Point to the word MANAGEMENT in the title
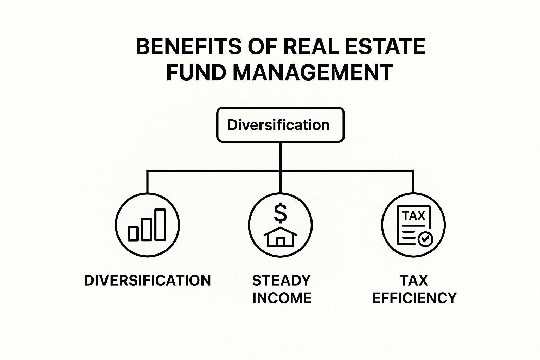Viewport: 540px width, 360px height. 313,73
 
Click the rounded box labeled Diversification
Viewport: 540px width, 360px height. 280,125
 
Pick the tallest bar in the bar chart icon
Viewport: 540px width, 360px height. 160,225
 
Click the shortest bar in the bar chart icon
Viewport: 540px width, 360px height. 133,233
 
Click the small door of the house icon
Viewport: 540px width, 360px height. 280,242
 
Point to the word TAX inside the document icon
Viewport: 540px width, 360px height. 413,216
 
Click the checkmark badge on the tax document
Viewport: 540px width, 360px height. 425,239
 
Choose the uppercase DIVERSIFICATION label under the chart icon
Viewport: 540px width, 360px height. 147,281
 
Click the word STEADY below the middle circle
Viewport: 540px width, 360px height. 281,281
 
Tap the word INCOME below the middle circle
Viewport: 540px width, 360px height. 282,298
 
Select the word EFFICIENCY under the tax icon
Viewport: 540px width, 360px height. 414,298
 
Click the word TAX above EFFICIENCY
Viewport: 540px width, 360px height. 414,281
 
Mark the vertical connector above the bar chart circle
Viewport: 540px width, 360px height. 147,182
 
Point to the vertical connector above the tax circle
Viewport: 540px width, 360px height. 413,182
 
